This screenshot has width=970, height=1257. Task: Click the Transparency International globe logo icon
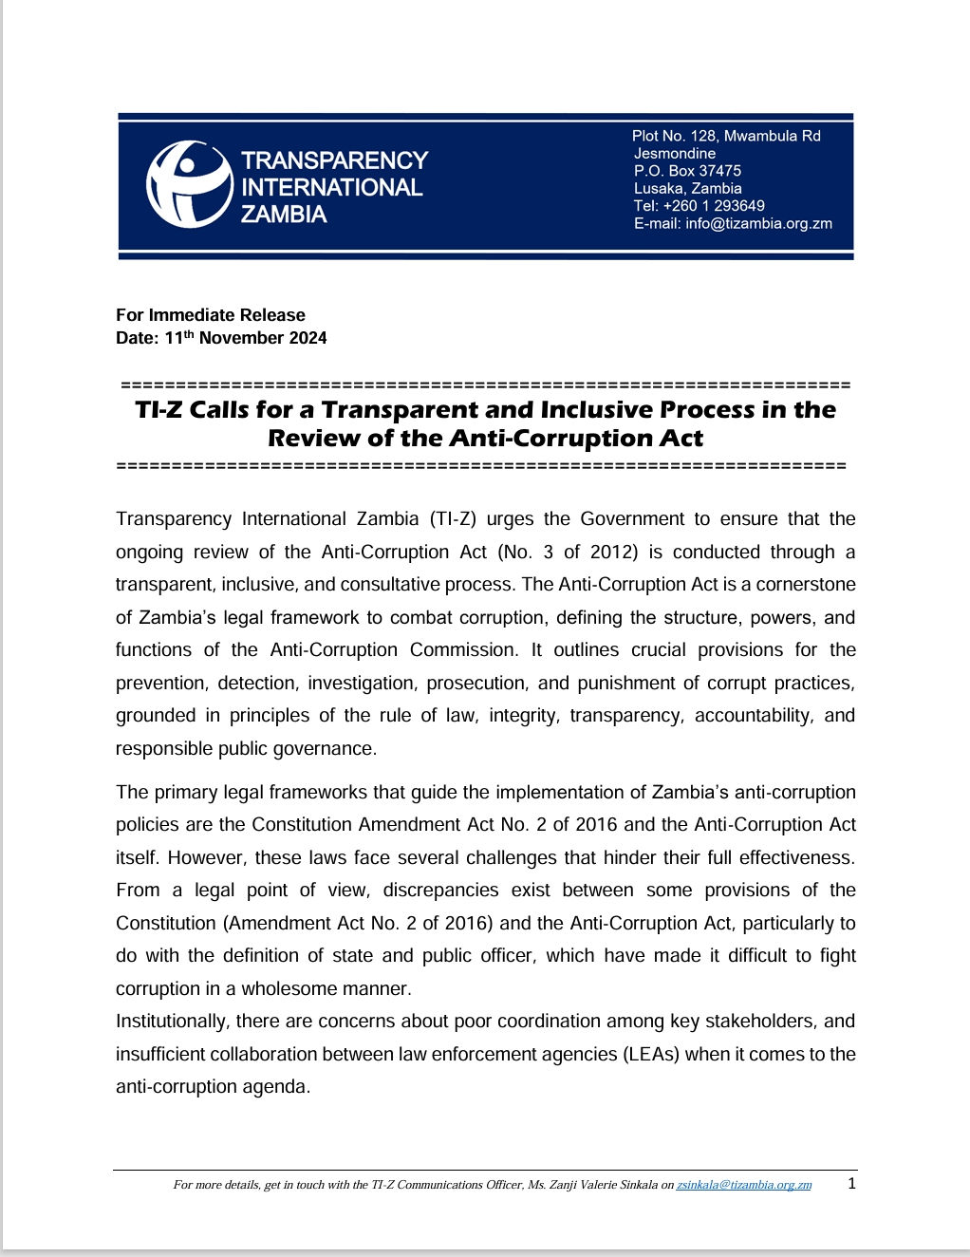click(x=189, y=184)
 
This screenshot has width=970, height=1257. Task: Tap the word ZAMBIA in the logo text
click(x=283, y=215)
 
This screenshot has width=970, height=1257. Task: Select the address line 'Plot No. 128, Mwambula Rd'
click(x=726, y=136)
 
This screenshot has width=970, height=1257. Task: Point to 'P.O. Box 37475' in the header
click(x=687, y=171)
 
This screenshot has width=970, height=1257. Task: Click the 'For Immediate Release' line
click(x=211, y=315)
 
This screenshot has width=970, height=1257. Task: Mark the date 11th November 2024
click(x=246, y=338)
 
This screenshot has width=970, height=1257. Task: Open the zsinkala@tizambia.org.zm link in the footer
click(x=743, y=1185)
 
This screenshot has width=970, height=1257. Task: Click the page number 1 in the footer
click(x=851, y=1183)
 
